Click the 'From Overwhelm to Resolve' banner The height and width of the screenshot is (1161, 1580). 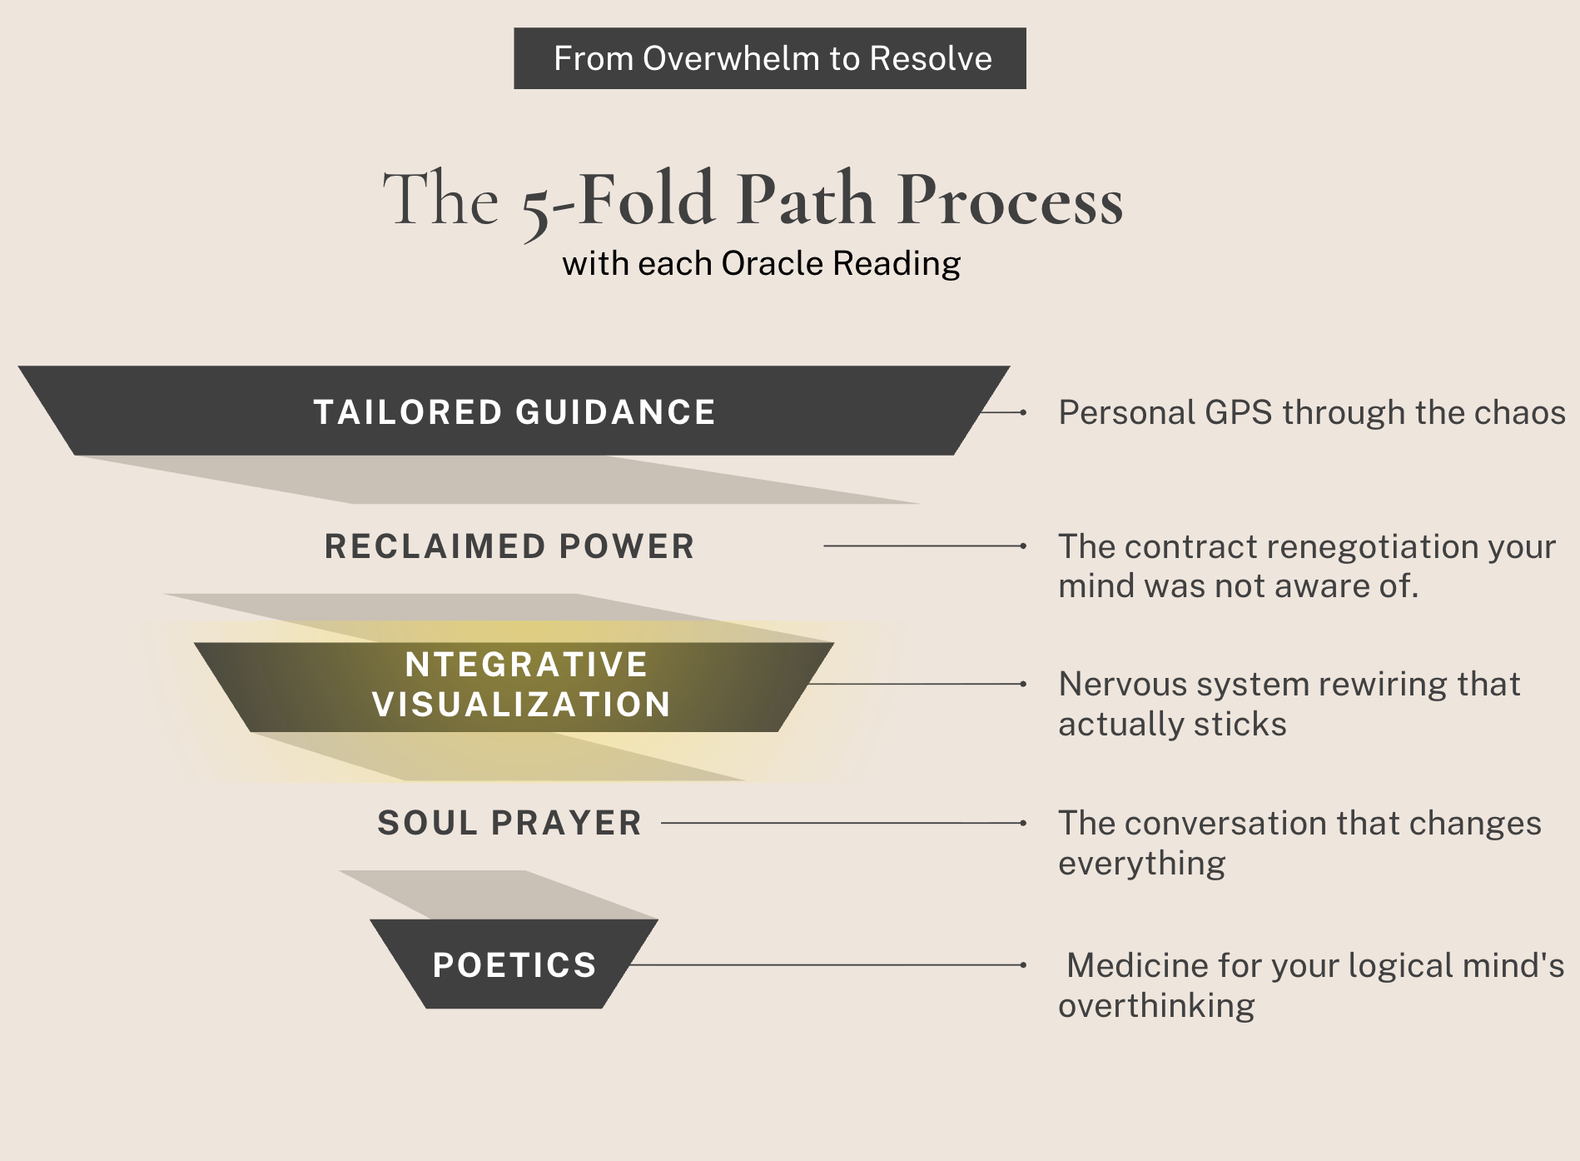[770, 58]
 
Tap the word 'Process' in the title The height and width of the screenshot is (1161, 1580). [1010, 201]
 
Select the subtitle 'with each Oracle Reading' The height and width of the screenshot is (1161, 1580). [761, 263]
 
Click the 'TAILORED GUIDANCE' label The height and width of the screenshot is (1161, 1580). [514, 412]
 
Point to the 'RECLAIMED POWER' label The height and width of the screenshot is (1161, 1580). [509, 546]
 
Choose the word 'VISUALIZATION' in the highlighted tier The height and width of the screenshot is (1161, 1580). [521, 705]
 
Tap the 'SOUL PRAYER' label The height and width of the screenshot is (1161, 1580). [509, 823]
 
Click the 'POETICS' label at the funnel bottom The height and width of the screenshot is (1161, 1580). [514, 965]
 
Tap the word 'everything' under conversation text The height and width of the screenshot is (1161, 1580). [1141, 864]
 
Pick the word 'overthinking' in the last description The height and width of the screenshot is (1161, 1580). [1156, 1006]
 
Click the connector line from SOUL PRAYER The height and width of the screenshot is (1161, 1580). [841, 823]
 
